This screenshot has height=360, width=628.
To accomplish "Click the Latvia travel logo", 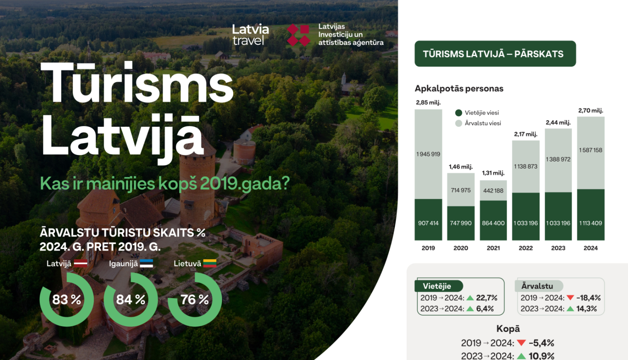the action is click(250, 34).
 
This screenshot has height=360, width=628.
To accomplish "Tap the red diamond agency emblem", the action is click(299, 35).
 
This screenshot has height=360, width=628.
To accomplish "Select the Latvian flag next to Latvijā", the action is click(80, 264).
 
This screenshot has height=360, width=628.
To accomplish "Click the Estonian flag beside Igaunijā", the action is click(147, 264).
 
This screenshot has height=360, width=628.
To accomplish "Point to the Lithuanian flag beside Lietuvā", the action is click(210, 264).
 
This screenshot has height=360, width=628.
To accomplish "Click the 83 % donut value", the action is click(67, 300).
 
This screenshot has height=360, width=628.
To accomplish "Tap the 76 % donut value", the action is click(195, 300).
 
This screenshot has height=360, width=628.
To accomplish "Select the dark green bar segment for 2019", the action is click(428, 219).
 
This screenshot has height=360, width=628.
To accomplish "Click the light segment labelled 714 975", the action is click(461, 190).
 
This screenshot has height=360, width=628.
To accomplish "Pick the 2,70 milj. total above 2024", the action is click(590, 111).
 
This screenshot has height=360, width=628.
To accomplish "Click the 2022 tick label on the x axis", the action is click(526, 248).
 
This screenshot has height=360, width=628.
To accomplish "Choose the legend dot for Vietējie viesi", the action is click(459, 113).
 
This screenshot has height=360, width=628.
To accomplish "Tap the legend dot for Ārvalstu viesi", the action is click(459, 123).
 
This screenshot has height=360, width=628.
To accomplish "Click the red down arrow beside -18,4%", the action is click(570, 298).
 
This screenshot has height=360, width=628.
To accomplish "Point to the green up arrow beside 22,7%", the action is click(470, 298).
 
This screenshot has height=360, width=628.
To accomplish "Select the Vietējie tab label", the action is click(437, 286).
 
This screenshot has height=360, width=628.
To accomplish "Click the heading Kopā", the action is click(508, 329).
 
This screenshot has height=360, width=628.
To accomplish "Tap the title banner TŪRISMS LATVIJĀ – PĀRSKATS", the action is click(495, 54).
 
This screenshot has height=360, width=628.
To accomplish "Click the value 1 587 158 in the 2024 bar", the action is click(591, 150).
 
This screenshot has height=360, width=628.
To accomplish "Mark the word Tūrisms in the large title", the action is click(137, 82).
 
